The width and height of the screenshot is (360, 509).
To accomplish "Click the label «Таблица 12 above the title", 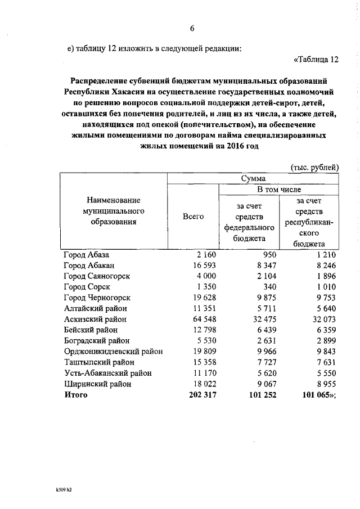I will point(316,60).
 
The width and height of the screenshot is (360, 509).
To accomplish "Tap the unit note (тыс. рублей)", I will point(314,167).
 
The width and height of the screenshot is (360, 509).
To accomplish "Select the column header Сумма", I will point(253,179).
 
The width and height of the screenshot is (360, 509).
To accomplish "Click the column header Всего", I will point(193,217).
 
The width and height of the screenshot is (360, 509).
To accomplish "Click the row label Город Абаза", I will point(90,255).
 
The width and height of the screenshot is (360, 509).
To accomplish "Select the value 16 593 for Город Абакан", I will point(197,265).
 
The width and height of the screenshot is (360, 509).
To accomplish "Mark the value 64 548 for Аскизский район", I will point(197,319).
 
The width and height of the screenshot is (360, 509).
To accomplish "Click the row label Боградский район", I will point(96,340).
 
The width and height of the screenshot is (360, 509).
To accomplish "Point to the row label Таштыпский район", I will point(97,362).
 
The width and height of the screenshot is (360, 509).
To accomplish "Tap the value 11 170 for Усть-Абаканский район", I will point(197,373).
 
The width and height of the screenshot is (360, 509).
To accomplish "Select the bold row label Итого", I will point(76,394).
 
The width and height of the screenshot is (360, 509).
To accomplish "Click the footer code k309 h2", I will point(60,489).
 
